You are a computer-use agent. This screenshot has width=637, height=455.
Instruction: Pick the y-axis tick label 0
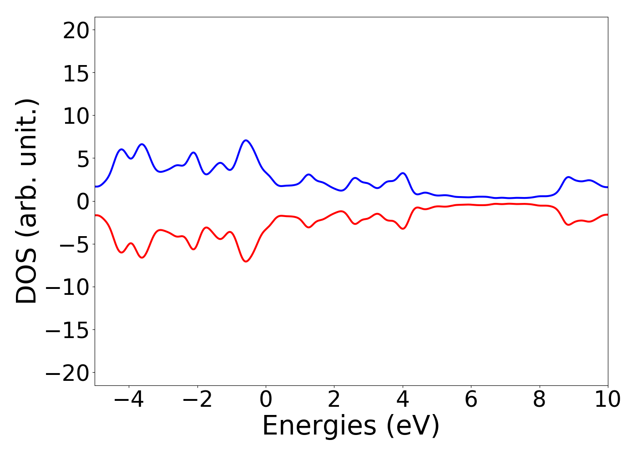(83, 202)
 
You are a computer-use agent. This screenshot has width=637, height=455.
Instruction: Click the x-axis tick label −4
(129, 400)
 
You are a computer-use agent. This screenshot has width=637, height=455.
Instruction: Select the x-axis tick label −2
(197, 400)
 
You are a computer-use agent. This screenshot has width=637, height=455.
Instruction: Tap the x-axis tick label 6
(471, 400)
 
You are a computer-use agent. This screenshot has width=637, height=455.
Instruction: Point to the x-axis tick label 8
(539, 400)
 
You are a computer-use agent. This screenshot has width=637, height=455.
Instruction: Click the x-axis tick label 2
(334, 400)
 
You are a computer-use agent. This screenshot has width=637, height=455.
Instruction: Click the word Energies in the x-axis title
(319, 426)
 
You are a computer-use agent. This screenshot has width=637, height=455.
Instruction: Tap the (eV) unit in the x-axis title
(413, 426)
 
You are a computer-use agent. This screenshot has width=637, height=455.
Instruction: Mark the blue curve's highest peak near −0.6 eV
(246, 140)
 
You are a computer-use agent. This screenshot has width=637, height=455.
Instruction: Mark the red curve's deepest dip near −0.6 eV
(246, 262)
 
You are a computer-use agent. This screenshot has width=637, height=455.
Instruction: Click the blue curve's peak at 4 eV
(403, 173)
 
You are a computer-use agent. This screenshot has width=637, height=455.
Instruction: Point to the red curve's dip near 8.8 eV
(568, 225)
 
